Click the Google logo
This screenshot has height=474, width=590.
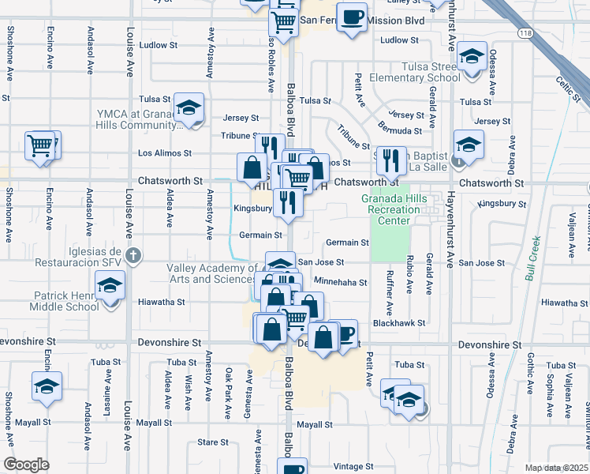26,465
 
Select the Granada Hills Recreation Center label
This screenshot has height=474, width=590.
390,209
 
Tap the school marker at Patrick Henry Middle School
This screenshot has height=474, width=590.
110,285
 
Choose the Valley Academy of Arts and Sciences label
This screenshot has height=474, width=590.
211,273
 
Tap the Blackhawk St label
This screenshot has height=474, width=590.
399,323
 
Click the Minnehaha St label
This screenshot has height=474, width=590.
340,282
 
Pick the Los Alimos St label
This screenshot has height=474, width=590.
165,152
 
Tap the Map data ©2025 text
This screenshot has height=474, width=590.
555,468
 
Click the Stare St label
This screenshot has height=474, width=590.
212,442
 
